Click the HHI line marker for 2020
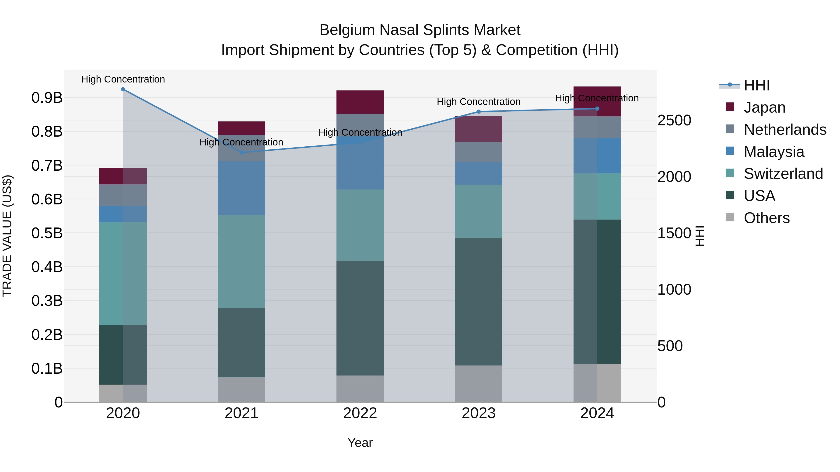[123, 89]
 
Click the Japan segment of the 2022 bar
[360, 102]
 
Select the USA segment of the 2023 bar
[478, 302]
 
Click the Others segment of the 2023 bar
[478, 384]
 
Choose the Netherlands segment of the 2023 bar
[478, 152]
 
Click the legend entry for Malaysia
[774, 152]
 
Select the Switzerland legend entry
[783, 174]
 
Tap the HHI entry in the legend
[756, 85]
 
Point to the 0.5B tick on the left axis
[47, 233]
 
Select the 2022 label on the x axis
[360, 413]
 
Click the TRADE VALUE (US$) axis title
[7, 236]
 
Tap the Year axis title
[360, 443]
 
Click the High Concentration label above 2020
[123, 79]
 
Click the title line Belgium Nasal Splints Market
[420, 30]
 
